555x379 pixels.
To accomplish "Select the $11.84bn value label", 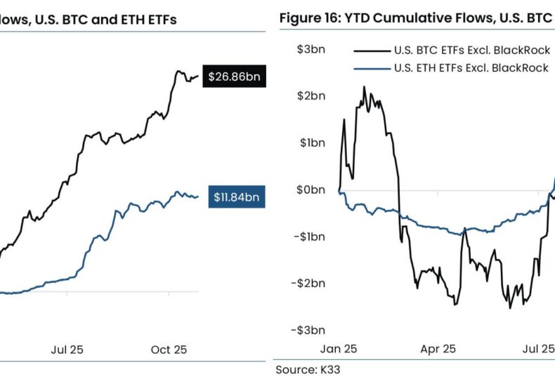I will [x=237, y=197].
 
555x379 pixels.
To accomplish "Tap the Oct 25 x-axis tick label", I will [x=169, y=349].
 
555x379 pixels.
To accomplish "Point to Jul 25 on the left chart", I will [x=67, y=349].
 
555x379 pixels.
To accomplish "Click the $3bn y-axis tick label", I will [x=309, y=48].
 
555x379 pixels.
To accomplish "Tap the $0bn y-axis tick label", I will [x=309, y=189].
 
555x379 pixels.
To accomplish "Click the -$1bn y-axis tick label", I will [x=308, y=237].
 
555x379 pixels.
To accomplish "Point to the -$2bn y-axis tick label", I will [x=308, y=283].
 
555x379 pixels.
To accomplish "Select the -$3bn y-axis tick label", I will [x=308, y=330].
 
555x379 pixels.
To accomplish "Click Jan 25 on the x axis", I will [x=339, y=348].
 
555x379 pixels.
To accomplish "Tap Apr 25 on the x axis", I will [x=438, y=348].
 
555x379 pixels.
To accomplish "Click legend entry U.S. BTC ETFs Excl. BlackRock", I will [x=471, y=50].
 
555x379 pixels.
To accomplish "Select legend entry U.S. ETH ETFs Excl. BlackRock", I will [x=471, y=67].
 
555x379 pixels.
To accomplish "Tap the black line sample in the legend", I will [x=372, y=50].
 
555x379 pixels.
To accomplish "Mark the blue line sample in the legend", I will [x=372, y=67].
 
